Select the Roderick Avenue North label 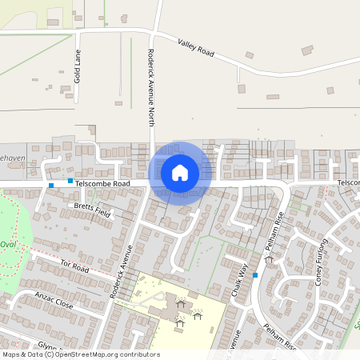pos(150,86)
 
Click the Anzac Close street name pos(54,300)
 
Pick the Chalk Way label pos(238,279)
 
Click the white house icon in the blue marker pos(180,173)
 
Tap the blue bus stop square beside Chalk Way pos(255,275)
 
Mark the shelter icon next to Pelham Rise pos(268,259)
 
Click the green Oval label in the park pos(8,245)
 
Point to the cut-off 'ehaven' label pos(13,158)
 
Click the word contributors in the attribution pos(136,354)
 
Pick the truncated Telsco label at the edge pos(348,183)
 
